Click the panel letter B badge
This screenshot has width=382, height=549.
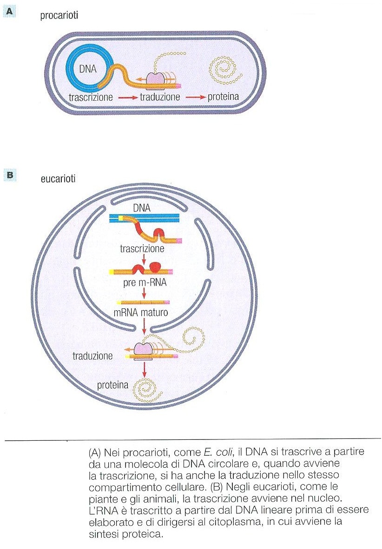coord(10,175)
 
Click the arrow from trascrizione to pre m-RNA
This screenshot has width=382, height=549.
coord(145,259)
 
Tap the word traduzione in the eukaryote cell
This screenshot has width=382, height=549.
coord(93,357)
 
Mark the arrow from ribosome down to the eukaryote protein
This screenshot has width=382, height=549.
coord(145,368)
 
